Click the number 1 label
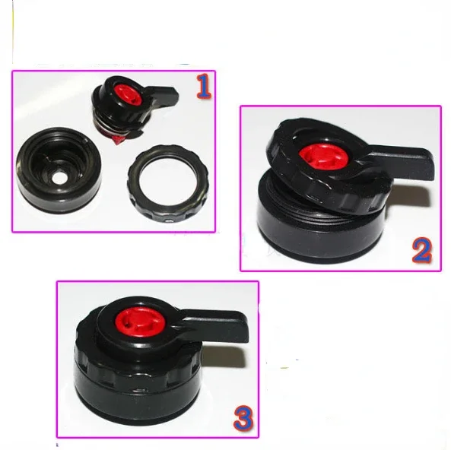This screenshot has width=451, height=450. [204, 87]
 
